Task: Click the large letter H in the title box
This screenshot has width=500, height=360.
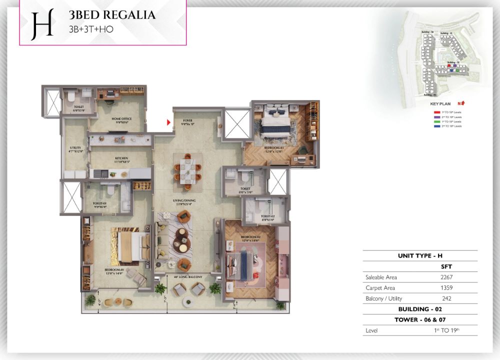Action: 42,24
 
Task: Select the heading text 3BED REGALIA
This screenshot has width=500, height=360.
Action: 112,15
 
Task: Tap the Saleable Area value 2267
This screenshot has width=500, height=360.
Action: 446,277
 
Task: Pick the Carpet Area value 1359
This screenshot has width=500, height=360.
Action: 446,288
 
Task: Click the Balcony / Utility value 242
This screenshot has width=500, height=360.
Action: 446,298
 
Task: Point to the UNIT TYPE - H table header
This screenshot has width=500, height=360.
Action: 420,255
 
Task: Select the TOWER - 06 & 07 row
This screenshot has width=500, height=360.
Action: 420,319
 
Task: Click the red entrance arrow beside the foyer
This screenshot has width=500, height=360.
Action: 168,121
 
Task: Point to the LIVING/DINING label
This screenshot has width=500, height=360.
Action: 187,201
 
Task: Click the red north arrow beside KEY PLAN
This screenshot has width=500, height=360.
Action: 464,103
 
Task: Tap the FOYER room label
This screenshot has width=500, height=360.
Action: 187,120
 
